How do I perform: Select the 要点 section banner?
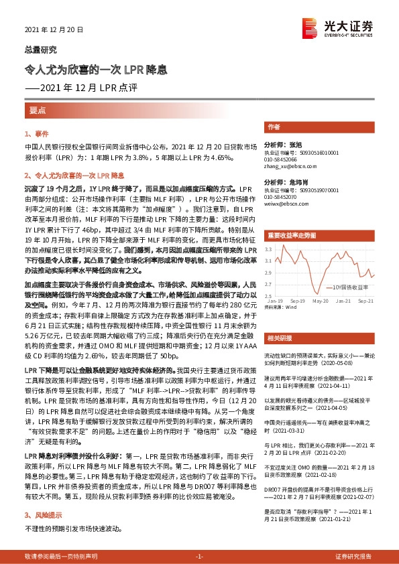click(x=38, y=109)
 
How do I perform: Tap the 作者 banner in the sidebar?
click(x=274, y=127)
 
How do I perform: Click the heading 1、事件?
click(x=34, y=134)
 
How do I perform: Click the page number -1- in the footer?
click(x=198, y=557)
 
